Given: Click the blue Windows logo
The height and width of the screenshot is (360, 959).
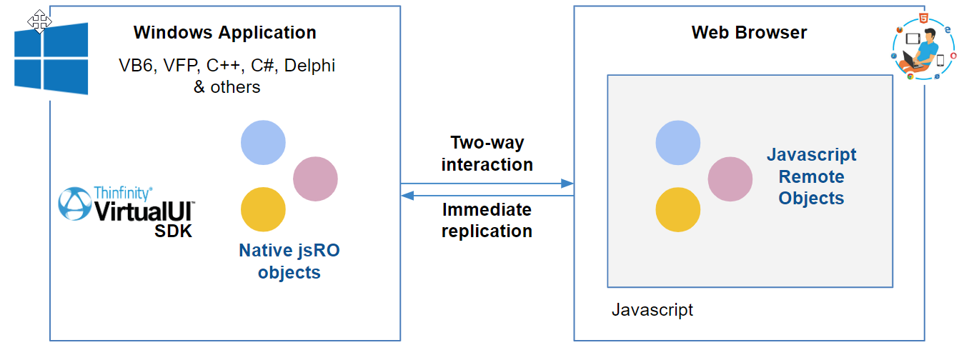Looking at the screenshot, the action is pyautogui.click(x=51, y=59).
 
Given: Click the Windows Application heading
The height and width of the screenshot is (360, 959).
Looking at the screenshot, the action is pyautogui.click(x=225, y=33).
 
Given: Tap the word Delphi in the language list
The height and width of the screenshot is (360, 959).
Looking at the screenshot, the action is pyautogui.click(x=309, y=66).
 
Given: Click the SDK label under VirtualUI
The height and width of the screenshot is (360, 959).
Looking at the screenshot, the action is pyautogui.click(x=174, y=231).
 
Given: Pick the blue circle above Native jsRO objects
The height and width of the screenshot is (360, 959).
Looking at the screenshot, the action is pyautogui.click(x=263, y=143).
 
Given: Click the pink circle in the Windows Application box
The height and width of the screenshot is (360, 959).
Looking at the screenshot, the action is pyautogui.click(x=316, y=179).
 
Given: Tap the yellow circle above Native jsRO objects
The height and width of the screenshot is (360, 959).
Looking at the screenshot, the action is pyautogui.click(x=263, y=209).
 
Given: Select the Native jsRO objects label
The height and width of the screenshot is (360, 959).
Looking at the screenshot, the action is pyautogui.click(x=289, y=261).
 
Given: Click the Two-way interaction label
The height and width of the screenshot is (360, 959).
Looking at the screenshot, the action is pyautogui.click(x=487, y=154).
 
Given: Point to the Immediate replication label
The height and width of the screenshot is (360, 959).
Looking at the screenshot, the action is pyautogui.click(x=487, y=221).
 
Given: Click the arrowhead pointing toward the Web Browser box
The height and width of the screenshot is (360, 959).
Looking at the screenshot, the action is pyautogui.click(x=567, y=184).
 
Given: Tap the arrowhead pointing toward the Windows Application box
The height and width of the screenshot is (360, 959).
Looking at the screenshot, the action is pyautogui.click(x=407, y=196).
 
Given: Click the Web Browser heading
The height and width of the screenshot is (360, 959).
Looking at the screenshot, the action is pyautogui.click(x=749, y=33).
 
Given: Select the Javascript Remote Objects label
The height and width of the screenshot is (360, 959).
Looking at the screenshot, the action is pyautogui.click(x=811, y=176).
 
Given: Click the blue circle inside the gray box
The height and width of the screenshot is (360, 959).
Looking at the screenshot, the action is pyautogui.click(x=677, y=143).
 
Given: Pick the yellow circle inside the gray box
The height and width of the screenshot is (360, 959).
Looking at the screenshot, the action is pyautogui.click(x=677, y=210).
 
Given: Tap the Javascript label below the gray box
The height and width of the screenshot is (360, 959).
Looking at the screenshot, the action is pyautogui.click(x=652, y=310).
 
